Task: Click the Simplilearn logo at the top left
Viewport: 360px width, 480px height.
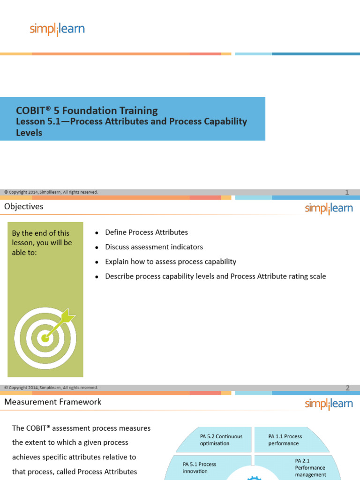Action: [x=57, y=30]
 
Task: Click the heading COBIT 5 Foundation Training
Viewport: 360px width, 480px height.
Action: [x=87, y=111]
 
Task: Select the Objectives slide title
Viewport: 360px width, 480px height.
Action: [x=23, y=206]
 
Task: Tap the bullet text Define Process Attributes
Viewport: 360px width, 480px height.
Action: [x=146, y=232]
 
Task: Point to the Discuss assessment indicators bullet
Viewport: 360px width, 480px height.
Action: [x=154, y=247]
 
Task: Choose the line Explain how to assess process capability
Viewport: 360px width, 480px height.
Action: [x=171, y=262]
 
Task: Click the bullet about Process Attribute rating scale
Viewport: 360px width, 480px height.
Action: [x=215, y=276]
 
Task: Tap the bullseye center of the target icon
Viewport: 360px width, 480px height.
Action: [x=45, y=337]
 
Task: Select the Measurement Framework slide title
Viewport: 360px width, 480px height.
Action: [x=52, y=402]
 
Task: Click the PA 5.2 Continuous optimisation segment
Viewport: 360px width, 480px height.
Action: [x=221, y=439]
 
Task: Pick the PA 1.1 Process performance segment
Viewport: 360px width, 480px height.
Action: [x=285, y=439]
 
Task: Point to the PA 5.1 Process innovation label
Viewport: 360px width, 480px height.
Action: [x=199, y=467]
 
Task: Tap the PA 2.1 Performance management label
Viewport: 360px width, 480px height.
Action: [x=310, y=468]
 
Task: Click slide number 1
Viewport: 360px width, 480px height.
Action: [x=347, y=192]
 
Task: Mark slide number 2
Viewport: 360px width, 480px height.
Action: [x=347, y=388]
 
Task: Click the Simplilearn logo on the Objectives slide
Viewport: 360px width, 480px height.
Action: [x=329, y=209]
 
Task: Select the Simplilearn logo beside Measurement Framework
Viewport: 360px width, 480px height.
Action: [x=329, y=404]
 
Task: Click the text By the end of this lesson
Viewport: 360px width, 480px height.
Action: [x=42, y=242]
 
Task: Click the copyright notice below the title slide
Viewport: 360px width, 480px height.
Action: [x=51, y=192]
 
